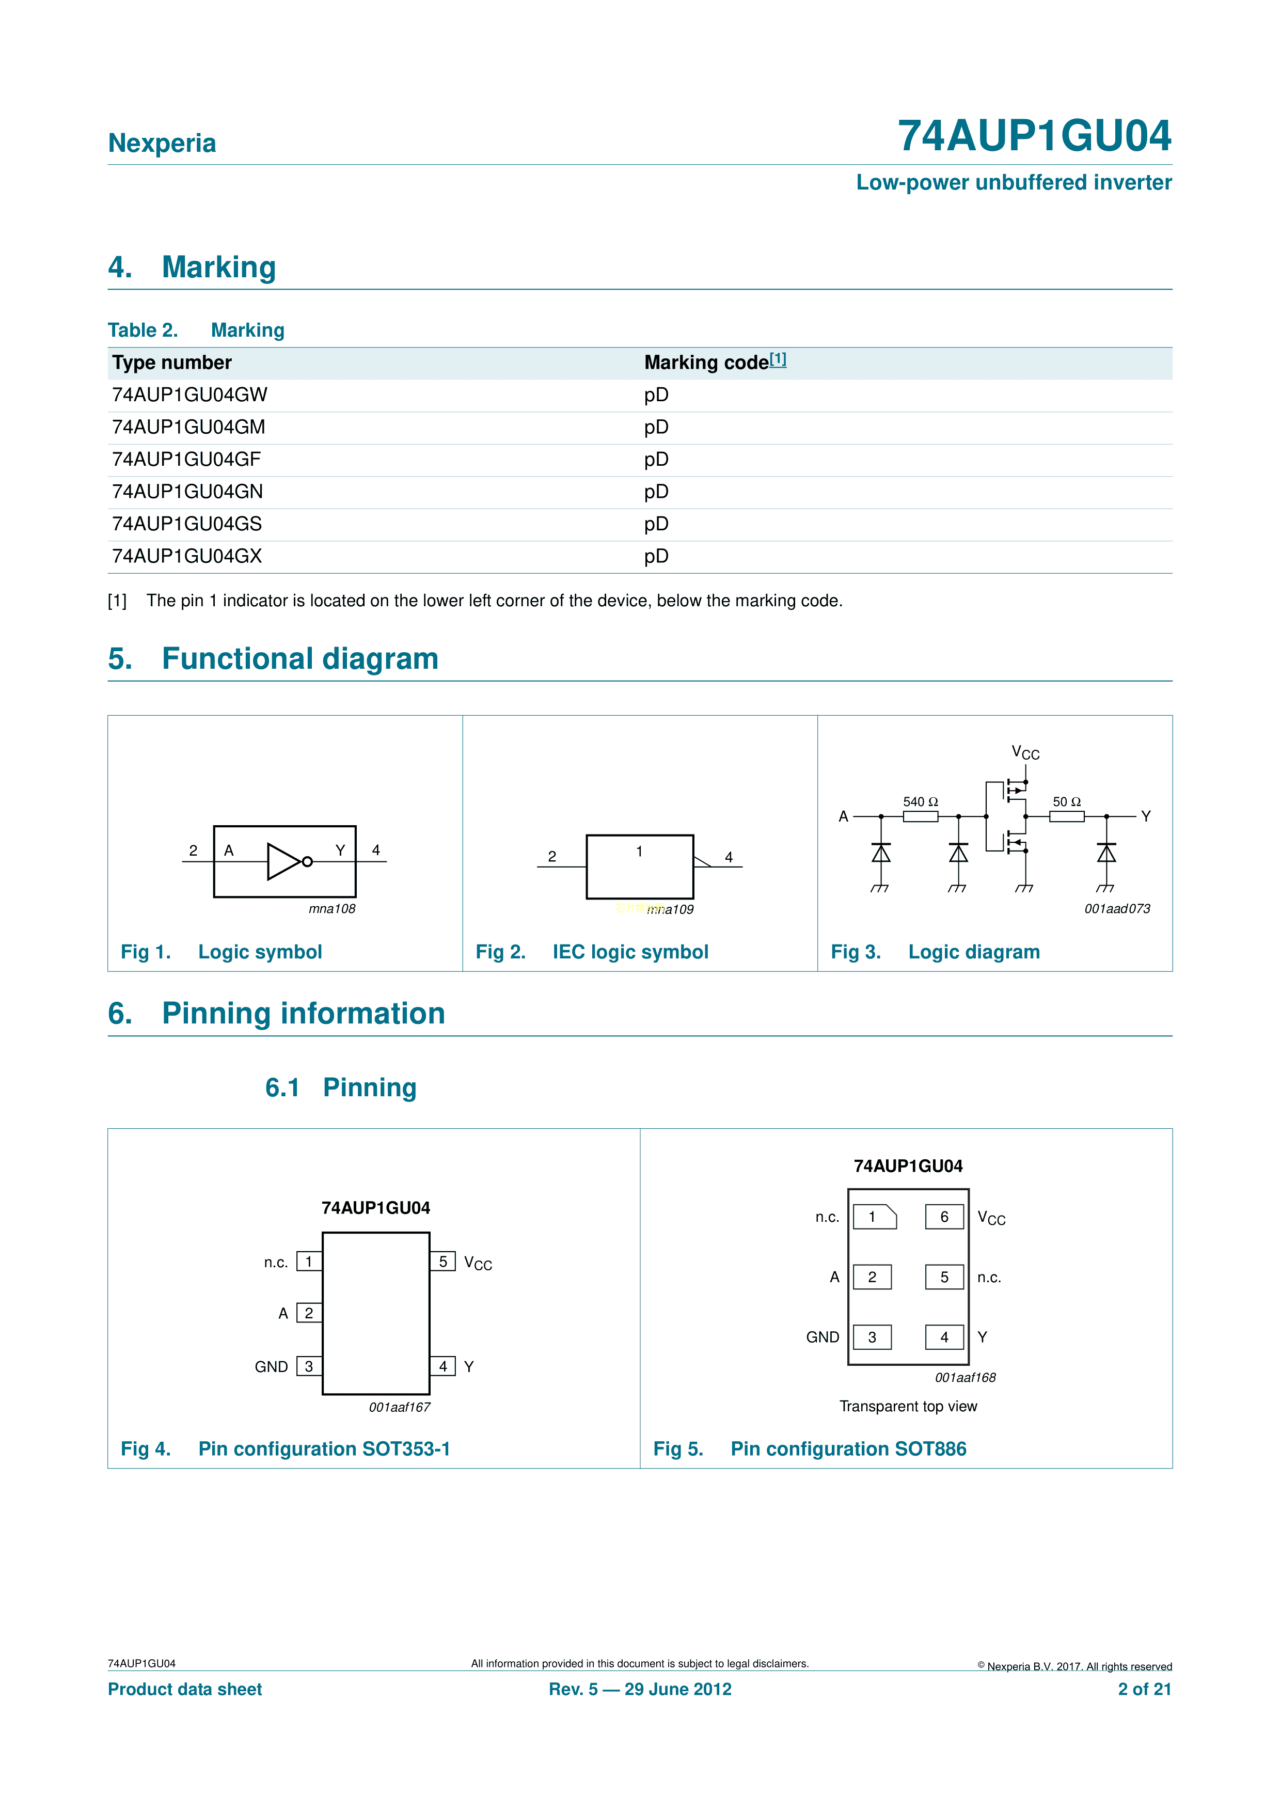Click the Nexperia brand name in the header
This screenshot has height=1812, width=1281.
[x=162, y=143]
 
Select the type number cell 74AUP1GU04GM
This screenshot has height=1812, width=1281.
[x=188, y=427]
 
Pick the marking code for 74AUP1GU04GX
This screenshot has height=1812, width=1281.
[x=656, y=556]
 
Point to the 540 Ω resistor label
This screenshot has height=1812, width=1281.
[x=920, y=802]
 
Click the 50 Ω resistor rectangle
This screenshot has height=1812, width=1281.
[x=1066, y=817]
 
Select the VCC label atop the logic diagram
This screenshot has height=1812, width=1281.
[x=1025, y=753]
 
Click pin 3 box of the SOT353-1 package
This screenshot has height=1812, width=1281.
[x=309, y=1366]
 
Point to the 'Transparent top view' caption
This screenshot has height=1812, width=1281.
[x=908, y=1406]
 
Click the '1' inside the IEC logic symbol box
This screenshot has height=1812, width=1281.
[x=639, y=852]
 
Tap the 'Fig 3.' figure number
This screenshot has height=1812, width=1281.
[x=856, y=952]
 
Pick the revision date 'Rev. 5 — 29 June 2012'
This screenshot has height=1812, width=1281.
[x=640, y=1689]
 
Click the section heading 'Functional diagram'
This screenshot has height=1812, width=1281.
[x=300, y=659]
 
